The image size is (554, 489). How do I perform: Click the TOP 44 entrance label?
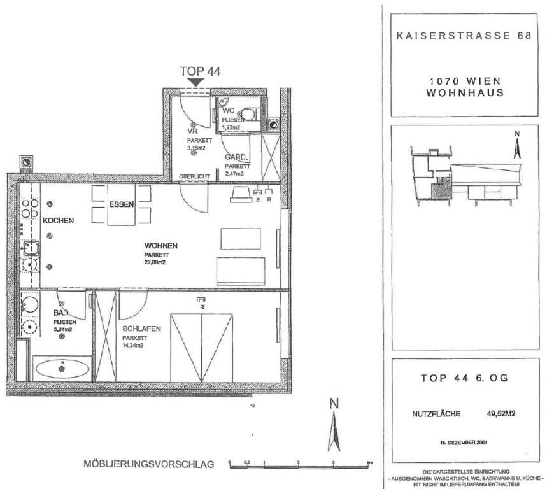tap(200, 71)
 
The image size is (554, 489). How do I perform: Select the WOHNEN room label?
tap(161, 245)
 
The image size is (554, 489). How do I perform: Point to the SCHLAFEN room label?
tap(141, 329)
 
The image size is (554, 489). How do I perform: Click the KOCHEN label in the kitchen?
tap(59, 221)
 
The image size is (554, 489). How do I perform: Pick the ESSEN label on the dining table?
tap(121, 205)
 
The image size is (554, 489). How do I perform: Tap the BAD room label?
tap(62, 314)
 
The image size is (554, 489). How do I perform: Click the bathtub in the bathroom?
tap(62, 368)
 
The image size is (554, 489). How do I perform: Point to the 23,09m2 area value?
tap(157, 261)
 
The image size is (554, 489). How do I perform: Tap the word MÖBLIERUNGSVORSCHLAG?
tap(150, 464)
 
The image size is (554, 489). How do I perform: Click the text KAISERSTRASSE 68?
tap(465, 36)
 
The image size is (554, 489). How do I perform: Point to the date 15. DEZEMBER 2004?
tap(464, 441)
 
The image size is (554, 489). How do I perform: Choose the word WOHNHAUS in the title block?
tap(465, 92)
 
